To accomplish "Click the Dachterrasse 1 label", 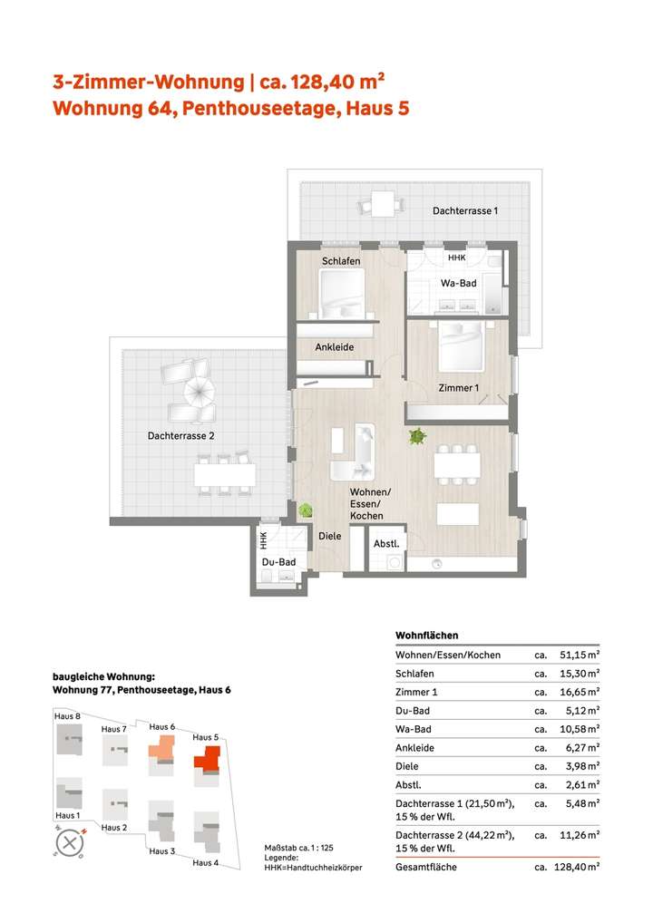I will (465, 210).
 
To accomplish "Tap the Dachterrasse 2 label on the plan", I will (181, 436).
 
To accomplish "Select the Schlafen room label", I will (341, 262).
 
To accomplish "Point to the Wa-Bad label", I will (458, 284).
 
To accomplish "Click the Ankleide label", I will (334, 347).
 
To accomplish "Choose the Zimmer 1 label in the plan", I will (459, 389).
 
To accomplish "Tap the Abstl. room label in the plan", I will (386, 544).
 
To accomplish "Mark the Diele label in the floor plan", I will (329, 536).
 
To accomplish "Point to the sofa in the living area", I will (358, 452).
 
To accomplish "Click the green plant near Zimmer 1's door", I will (417, 437).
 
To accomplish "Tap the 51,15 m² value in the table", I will (579, 656).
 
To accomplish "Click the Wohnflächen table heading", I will (426, 636).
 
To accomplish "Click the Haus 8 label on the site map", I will (67, 717).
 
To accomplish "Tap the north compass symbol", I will (69, 843).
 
